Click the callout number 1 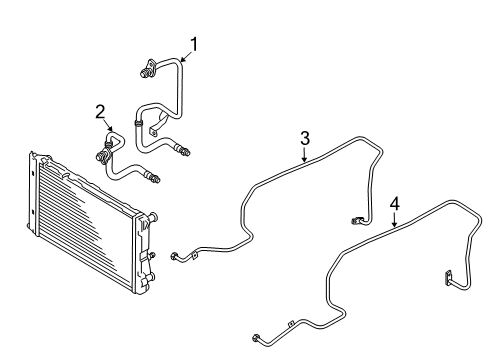(x=194, y=44)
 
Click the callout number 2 (x=100, y=112)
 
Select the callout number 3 (x=305, y=138)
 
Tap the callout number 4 (x=395, y=204)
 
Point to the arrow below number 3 (x=304, y=154)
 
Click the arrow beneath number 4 (x=394, y=220)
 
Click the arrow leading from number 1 (x=187, y=57)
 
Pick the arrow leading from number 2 (x=108, y=125)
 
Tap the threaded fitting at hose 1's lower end (x=183, y=150)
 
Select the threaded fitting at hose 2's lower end (x=153, y=177)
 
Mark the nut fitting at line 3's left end (x=175, y=257)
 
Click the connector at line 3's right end (x=356, y=220)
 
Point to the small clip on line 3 (x=194, y=254)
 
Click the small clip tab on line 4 (x=290, y=324)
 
